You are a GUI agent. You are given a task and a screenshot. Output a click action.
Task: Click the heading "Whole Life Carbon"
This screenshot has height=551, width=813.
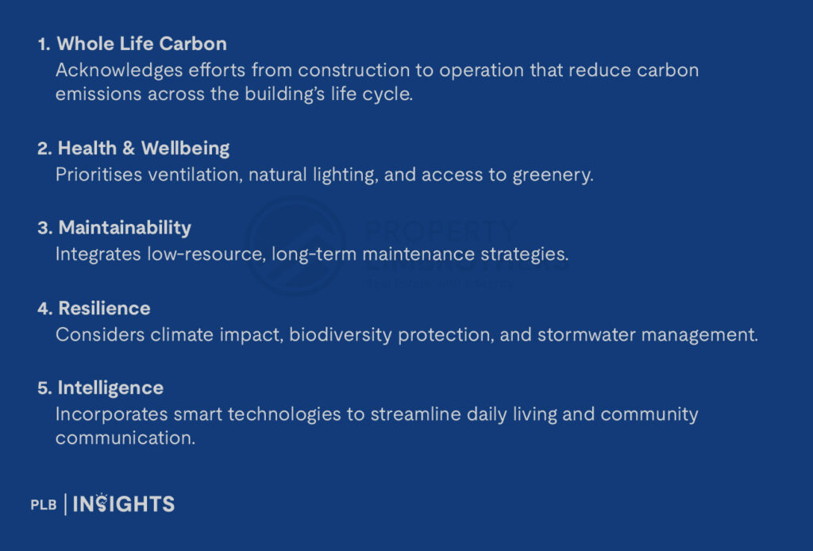[x=141, y=44]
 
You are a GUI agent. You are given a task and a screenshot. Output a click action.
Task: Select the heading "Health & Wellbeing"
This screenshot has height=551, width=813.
[x=144, y=148]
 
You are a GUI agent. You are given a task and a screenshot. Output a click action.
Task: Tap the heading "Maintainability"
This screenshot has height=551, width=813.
[x=125, y=228]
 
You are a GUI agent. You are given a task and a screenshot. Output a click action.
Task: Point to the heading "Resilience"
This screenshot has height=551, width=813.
[x=104, y=308]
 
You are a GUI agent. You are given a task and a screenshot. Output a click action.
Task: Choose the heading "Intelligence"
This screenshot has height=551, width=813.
[x=110, y=388]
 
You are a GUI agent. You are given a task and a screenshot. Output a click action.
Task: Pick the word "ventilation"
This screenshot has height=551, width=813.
[x=195, y=175]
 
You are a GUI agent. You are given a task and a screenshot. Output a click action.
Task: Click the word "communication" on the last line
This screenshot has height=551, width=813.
[x=125, y=438]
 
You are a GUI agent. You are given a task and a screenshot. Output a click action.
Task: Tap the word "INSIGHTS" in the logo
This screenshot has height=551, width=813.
[x=123, y=504]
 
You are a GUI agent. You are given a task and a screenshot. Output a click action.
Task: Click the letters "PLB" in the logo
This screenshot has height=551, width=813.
[x=44, y=504]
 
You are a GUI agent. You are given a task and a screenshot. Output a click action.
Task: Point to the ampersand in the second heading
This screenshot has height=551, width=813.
[x=129, y=148]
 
